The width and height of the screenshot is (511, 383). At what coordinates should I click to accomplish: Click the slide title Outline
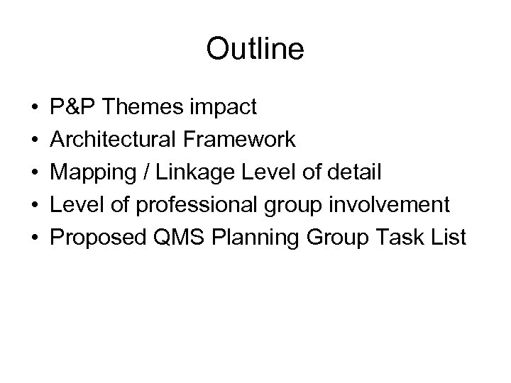255,49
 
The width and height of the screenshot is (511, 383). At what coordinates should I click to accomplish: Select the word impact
225,108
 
